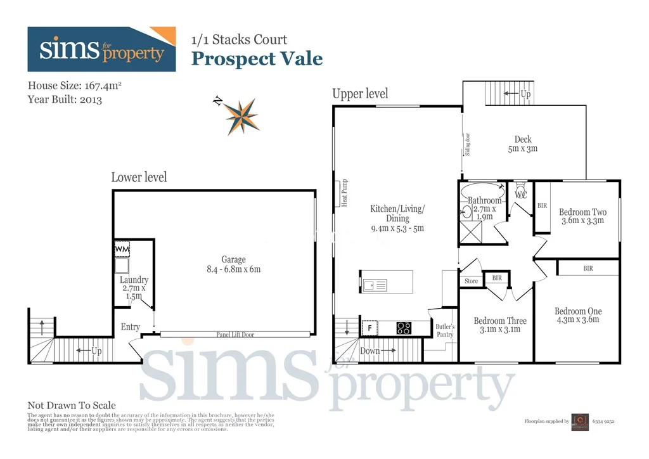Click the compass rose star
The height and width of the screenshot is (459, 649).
[241, 116]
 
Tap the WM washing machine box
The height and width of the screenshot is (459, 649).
[122, 250]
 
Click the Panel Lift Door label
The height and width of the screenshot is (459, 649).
[235, 334]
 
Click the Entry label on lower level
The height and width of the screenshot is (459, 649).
[131, 326]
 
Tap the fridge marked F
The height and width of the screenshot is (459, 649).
[369, 328]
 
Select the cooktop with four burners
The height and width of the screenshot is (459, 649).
[404, 328]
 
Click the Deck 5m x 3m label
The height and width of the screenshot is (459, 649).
[523, 144]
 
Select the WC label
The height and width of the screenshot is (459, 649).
[521, 195]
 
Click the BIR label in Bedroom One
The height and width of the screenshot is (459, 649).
[588, 269]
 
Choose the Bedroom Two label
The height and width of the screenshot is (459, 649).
[582, 216]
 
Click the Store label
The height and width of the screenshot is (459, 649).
[471, 281]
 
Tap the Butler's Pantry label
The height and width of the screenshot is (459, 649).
[444, 330]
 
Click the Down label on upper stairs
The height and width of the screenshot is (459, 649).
[369, 351]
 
